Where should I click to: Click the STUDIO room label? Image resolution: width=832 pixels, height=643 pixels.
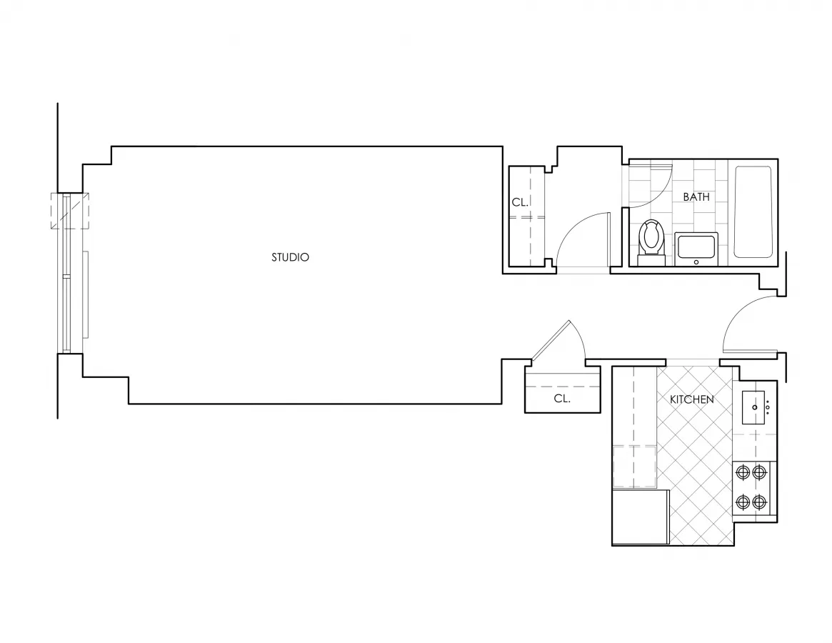coord(290,257)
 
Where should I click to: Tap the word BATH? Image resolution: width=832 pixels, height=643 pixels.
coord(696,196)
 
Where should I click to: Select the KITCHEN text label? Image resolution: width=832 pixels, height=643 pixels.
coord(691,399)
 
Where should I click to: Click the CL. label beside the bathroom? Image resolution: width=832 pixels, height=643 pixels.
coord(520,203)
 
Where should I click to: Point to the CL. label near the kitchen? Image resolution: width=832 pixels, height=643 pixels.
coord(562,399)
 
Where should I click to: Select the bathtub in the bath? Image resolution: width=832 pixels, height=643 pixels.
coord(753,211)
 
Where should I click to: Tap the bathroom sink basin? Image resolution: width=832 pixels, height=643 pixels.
coord(696,248)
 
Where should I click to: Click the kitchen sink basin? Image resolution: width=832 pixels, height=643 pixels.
coord(753,408)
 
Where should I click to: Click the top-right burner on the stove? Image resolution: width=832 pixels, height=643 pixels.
coord(760,472)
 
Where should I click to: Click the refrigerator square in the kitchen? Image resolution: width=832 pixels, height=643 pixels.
coord(640,517)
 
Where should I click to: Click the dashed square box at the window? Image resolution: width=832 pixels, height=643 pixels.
coord(69,211)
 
